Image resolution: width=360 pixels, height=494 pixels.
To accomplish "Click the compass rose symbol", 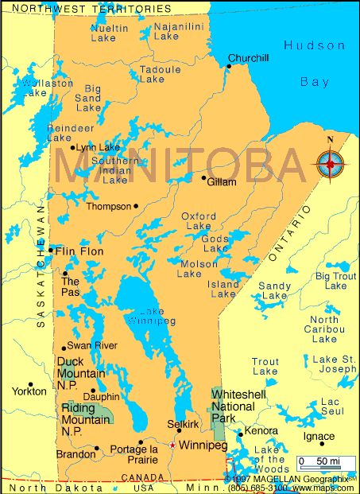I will point(330,163).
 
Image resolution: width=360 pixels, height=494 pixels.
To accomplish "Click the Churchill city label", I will point(249,58).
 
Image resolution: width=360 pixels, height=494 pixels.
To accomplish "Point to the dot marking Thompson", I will point(136,206).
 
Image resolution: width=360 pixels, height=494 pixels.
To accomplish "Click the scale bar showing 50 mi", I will point(323,462).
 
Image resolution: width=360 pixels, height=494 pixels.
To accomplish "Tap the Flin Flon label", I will point(79,251).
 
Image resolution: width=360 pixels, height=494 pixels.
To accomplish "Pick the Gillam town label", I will point(222,182).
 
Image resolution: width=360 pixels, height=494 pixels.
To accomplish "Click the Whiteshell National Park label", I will point(233,406).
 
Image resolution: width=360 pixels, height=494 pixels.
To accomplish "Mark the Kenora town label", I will point(261,430).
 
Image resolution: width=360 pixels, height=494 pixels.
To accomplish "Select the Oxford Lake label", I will point(198,221).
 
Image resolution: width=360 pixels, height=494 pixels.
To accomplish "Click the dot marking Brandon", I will point(97,448).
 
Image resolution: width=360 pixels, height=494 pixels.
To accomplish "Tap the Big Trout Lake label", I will point(335,281).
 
